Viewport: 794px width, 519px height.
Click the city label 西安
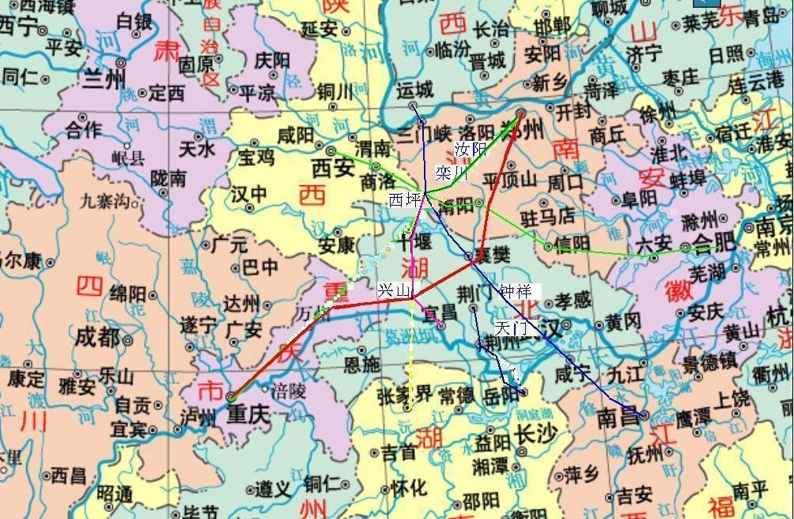[x=333, y=167]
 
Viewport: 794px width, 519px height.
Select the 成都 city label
[x=98, y=338]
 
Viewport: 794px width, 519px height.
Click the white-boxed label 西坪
[x=405, y=200]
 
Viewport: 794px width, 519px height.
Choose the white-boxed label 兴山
[x=395, y=291]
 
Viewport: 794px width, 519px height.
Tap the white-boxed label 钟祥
[x=516, y=291]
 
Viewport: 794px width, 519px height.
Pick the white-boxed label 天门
[x=510, y=326]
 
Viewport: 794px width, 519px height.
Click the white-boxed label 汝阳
[x=472, y=149]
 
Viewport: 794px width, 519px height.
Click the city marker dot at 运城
[x=413, y=106]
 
